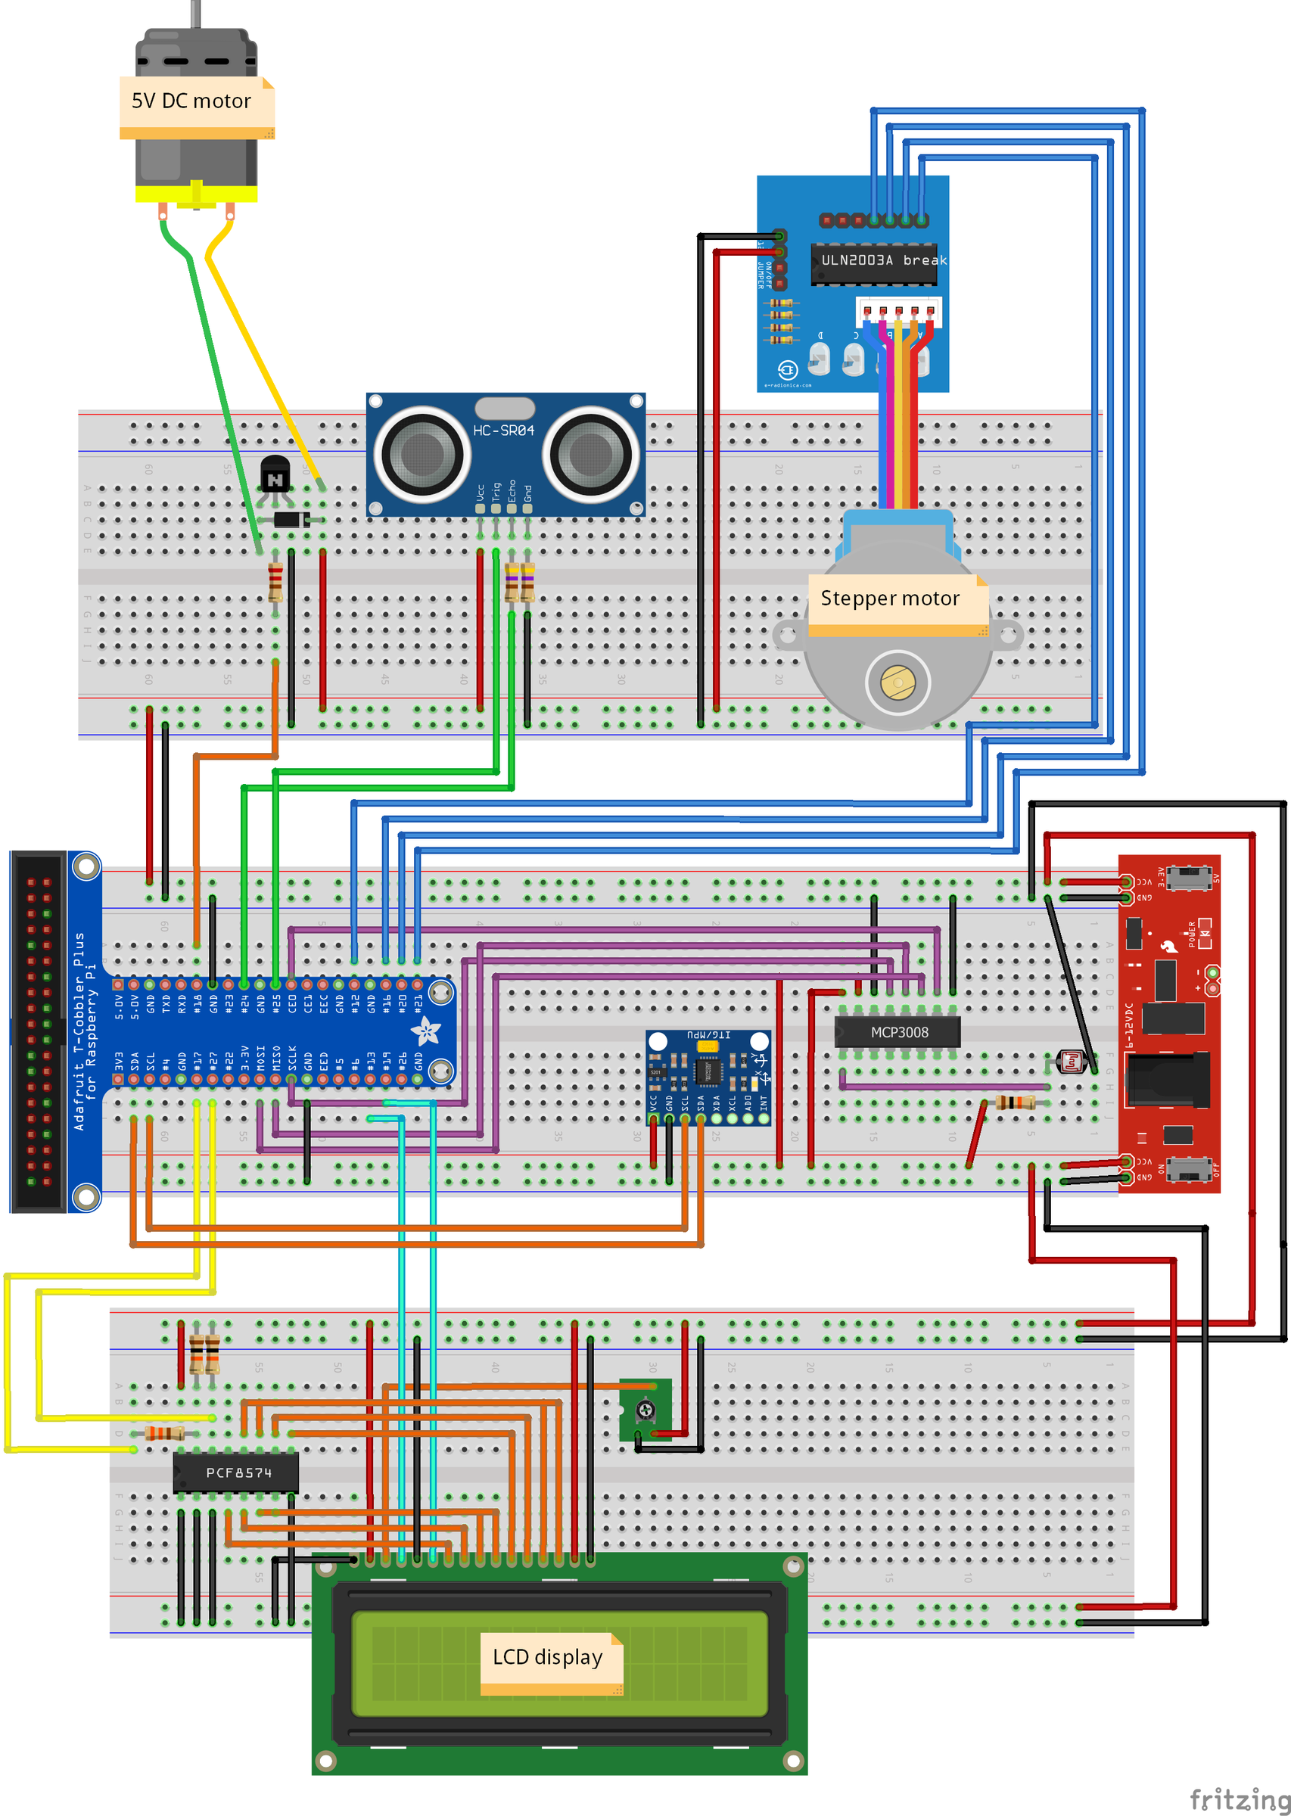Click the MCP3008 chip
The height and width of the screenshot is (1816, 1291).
(897, 1032)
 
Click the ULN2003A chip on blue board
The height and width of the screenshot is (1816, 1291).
(873, 263)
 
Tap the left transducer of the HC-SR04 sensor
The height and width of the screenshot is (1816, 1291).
(422, 455)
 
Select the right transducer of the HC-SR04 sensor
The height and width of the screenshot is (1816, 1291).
(591, 455)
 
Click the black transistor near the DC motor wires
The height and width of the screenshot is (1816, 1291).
(275, 474)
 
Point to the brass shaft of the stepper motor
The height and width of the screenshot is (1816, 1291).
(897, 682)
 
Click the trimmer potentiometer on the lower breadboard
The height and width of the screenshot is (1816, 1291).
(645, 1410)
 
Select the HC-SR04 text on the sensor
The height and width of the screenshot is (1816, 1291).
(503, 431)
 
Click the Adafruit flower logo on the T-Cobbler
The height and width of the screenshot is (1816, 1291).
(425, 1031)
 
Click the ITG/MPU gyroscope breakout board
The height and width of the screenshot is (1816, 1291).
(708, 1077)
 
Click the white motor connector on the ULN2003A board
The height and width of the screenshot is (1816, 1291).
(898, 310)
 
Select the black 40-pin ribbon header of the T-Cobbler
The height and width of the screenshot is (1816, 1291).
(38, 1031)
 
